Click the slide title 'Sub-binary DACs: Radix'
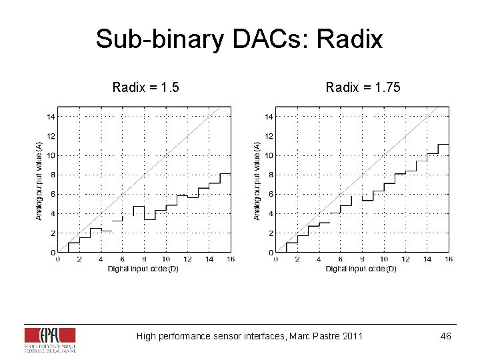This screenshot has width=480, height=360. tap(239, 39)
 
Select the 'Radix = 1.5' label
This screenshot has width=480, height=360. tap(145, 87)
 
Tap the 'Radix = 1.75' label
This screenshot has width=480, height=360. tap(363, 87)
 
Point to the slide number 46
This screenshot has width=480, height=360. tap(445, 336)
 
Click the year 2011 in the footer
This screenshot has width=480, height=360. tap(352, 336)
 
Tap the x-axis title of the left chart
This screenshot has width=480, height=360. tap(143, 269)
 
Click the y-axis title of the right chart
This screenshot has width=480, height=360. tap(257, 179)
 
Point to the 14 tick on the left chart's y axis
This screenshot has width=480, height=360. tap(50, 117)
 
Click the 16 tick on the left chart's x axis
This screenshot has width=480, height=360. tap(231, 259)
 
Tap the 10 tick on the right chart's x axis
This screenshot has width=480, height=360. tap(383, 259)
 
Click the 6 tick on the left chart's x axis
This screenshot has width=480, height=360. tap(123, 259)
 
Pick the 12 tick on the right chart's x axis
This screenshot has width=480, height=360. tap(405, 259)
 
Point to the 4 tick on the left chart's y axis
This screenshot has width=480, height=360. tap(53, 214)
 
